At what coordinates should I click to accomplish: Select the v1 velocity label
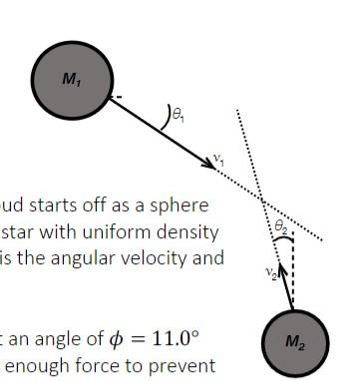tap(217, 158)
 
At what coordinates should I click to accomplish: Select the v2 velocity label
tap(269, 273)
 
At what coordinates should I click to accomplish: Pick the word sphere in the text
tap(182, 205)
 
